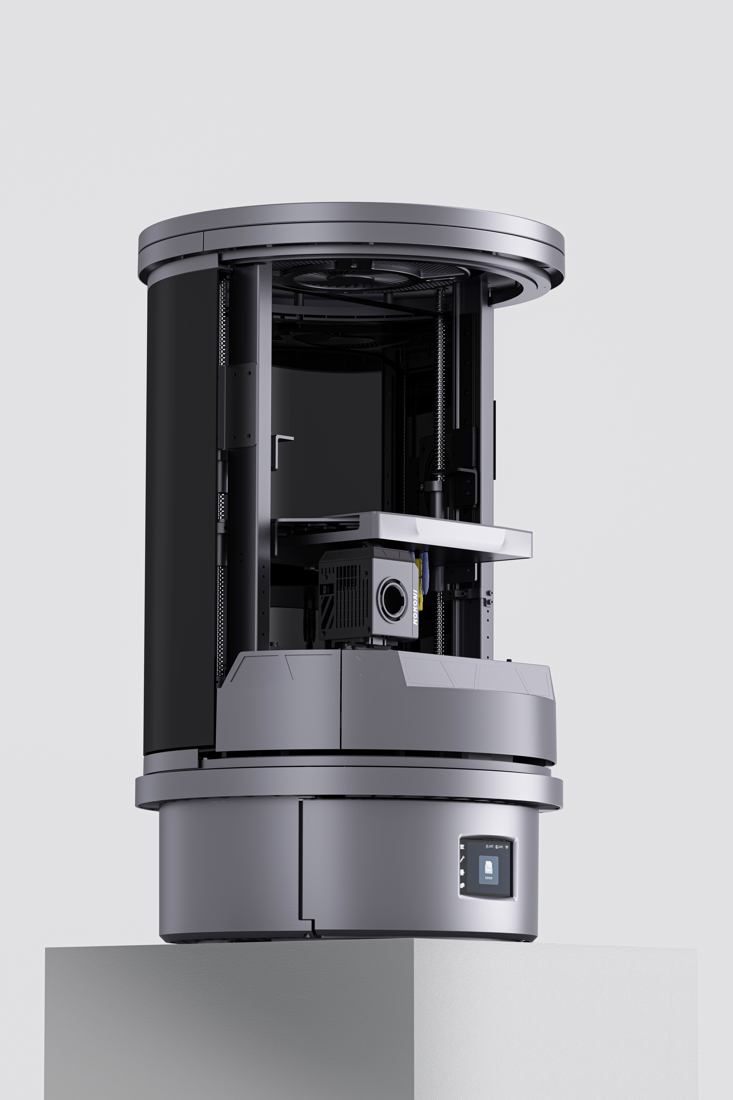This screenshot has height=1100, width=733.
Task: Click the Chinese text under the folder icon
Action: click(x=489, y=878)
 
